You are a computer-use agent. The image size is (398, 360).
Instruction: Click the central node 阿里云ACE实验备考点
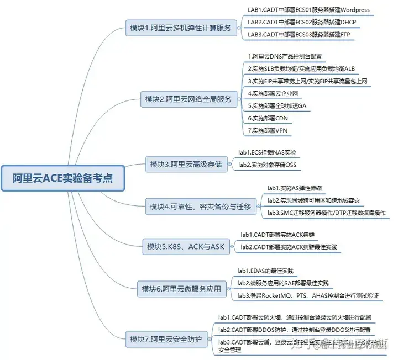[62, 178]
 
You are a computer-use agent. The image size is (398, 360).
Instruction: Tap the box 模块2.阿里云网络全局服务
[187, 99]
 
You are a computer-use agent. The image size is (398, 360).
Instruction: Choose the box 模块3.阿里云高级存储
[185, 164]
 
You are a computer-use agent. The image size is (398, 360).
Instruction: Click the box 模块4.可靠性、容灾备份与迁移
[200, 207]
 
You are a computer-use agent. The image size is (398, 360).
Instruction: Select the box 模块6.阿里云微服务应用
[181, 288]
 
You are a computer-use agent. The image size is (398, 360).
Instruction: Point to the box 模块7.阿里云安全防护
[166, 338]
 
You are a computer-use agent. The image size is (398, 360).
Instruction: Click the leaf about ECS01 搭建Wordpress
[308, 10]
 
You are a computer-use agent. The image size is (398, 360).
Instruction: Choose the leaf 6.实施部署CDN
[268, 118]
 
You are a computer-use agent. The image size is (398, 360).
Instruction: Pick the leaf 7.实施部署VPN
[268, 130]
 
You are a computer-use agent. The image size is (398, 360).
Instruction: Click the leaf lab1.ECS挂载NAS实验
[267, 152]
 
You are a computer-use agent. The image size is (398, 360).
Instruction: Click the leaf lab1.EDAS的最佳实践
[265, 271]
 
